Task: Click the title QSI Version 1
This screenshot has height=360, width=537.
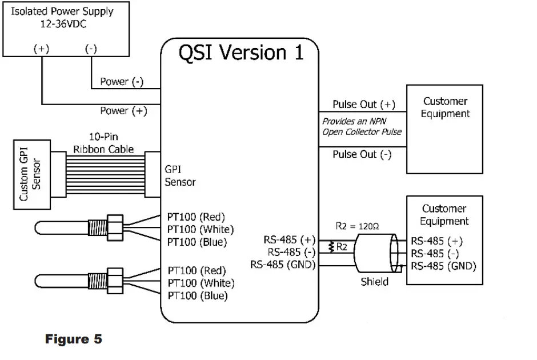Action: tap(241, 53)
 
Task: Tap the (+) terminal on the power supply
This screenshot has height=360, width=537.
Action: tap(42, 49)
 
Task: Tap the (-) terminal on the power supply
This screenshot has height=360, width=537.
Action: tap(91, 49)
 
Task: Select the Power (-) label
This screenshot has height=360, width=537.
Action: tap(122, 82)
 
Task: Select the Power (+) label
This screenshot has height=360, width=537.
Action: tap(123, 111)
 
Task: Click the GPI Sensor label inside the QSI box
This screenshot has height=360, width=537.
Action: tap(181, 177)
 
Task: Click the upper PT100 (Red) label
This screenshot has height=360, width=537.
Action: tap(196, 217)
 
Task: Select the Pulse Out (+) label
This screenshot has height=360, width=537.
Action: tap(364, 105)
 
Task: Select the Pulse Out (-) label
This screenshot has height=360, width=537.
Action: tap(362, 154)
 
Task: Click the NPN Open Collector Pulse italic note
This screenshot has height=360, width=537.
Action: tap(362, 126)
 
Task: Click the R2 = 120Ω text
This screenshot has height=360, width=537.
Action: tap(356, 226)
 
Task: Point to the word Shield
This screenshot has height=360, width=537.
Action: tap(374, 281)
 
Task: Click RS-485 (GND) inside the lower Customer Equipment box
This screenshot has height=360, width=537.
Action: tap(443, 266)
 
